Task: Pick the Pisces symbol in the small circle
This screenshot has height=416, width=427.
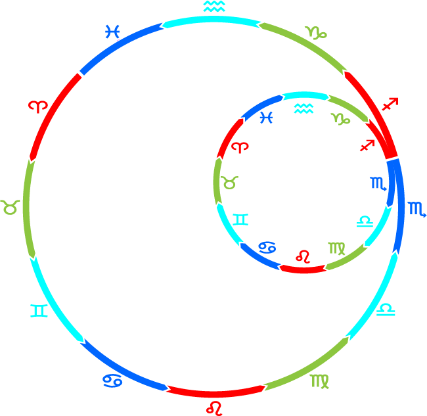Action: [267, 118]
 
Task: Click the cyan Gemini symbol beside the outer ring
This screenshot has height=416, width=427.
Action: [39, 310]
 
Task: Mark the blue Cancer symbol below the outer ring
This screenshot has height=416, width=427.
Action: [111, 381]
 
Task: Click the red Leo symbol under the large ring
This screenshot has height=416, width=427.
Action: [214, 407]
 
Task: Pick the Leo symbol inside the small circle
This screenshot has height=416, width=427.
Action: [303, 256]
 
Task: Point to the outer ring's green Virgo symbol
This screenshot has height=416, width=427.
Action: [321, 380]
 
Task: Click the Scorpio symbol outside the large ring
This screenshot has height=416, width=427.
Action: [417, 210]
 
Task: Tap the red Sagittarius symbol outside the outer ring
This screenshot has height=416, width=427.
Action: [390, 104]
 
